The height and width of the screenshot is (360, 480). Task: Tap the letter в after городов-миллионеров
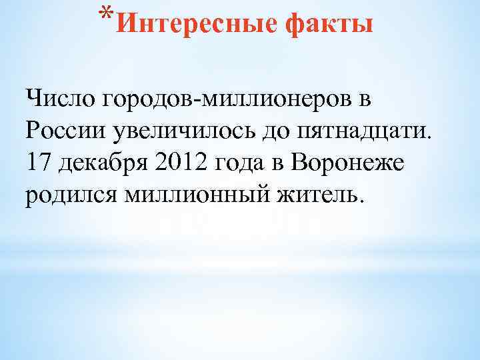click(361, 101)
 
